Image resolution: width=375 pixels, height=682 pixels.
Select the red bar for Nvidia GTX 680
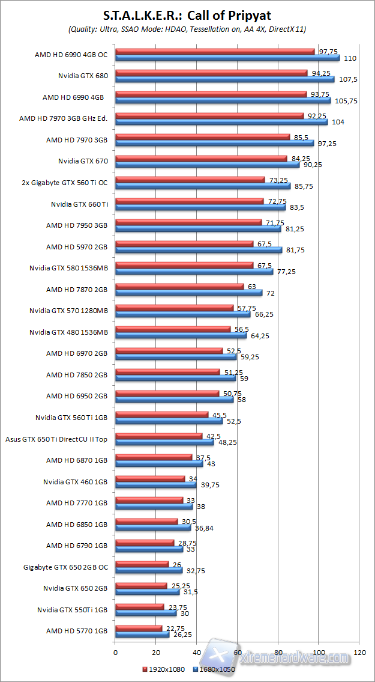(211, 73)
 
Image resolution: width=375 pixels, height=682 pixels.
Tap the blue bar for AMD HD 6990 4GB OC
(227, 58)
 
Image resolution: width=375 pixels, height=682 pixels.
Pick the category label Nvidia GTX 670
(83, 161)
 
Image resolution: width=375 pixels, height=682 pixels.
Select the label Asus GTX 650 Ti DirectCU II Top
(56, 439)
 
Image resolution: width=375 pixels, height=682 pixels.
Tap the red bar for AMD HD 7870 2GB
(179, 287)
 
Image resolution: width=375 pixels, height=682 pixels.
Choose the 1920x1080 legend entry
(166, 669)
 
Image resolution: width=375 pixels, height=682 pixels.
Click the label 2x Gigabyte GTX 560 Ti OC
(64, 183)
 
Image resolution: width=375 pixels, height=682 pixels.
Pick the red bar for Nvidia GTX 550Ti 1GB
(139, 607)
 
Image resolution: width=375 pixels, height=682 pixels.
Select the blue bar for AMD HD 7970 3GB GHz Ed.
(221, 122)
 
